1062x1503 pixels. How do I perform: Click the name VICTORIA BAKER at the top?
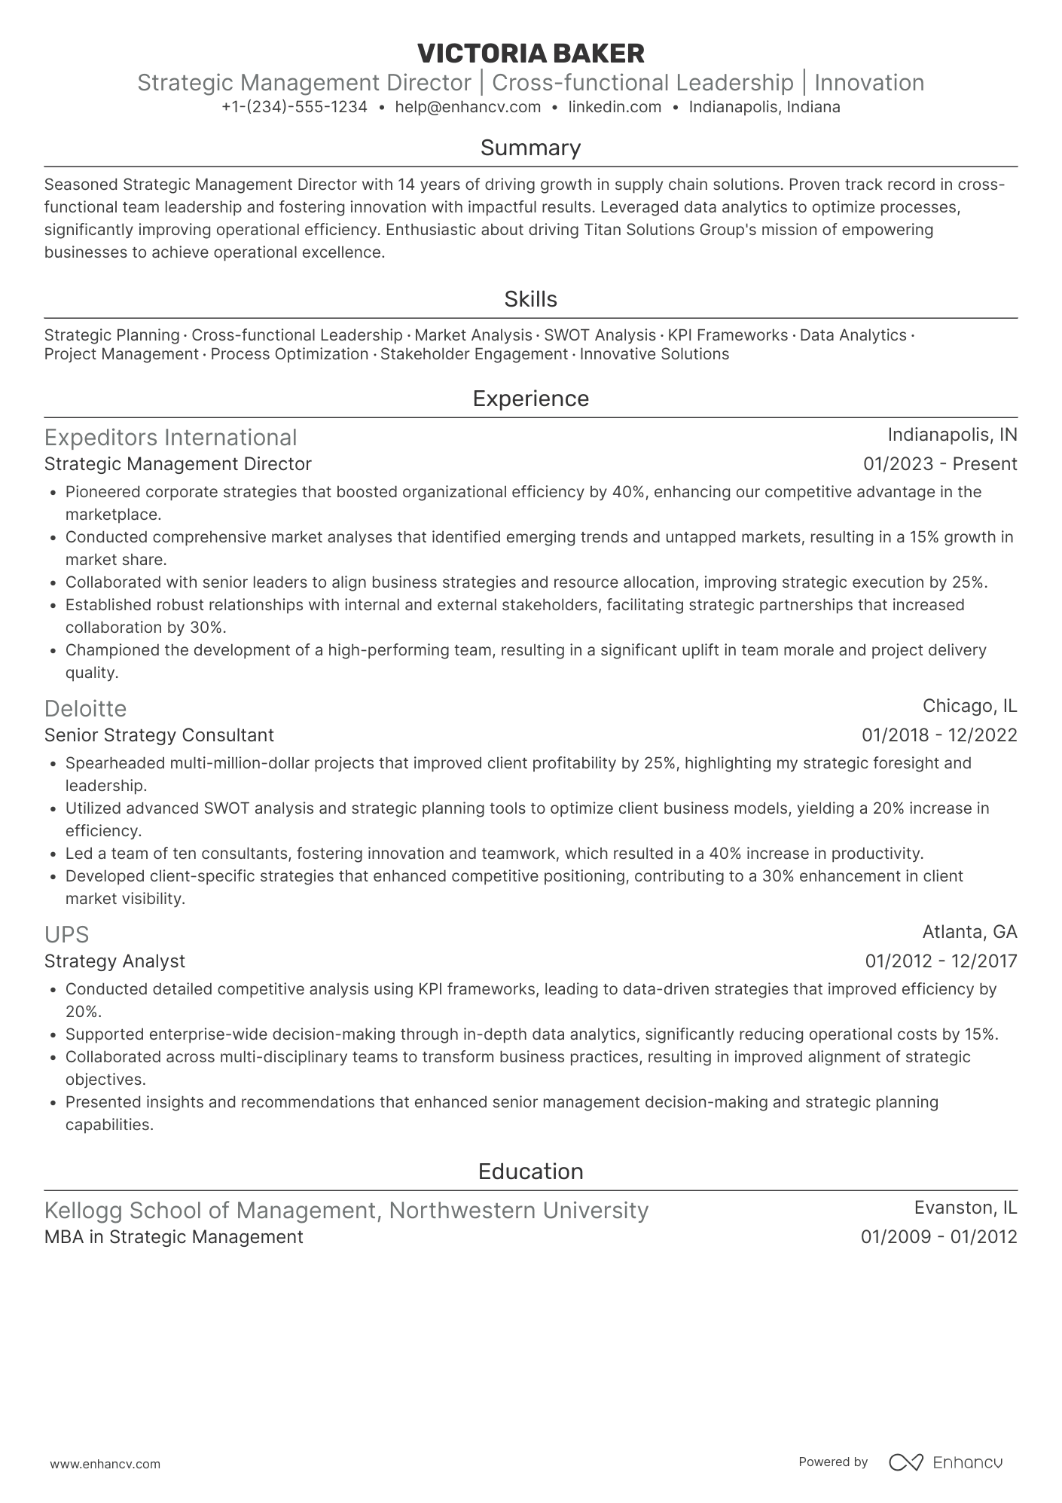click(530, 53)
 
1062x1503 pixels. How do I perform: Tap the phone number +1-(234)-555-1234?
click(294, 107)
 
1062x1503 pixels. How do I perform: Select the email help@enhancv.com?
click(468, 107)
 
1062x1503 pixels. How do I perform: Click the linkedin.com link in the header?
click(615, 107)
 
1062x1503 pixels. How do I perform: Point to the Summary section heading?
click(530, 148)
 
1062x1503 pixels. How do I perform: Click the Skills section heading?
click(530, 299)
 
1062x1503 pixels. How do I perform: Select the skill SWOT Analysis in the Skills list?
click(600, 335)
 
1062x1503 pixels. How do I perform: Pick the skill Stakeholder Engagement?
click(474, 354)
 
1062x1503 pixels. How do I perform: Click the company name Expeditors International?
click(170, 438)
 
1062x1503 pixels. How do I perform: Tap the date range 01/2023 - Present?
click(939, 464)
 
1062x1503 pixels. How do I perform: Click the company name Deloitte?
click(85, 709)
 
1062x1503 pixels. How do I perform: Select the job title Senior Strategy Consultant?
click(159, 735)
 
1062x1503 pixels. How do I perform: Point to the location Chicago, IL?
click(969, 706)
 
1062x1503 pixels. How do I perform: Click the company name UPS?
click(66, 935)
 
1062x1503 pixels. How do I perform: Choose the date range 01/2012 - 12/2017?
click(940, 961)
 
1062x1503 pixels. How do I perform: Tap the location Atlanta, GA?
click(969, 932)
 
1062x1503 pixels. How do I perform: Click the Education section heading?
click(530, 1172)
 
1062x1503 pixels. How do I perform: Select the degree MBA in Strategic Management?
click(173, 1237)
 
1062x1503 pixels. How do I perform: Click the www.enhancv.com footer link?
click(105, 1465)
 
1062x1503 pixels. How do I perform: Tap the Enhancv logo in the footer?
click(945, 1462)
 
